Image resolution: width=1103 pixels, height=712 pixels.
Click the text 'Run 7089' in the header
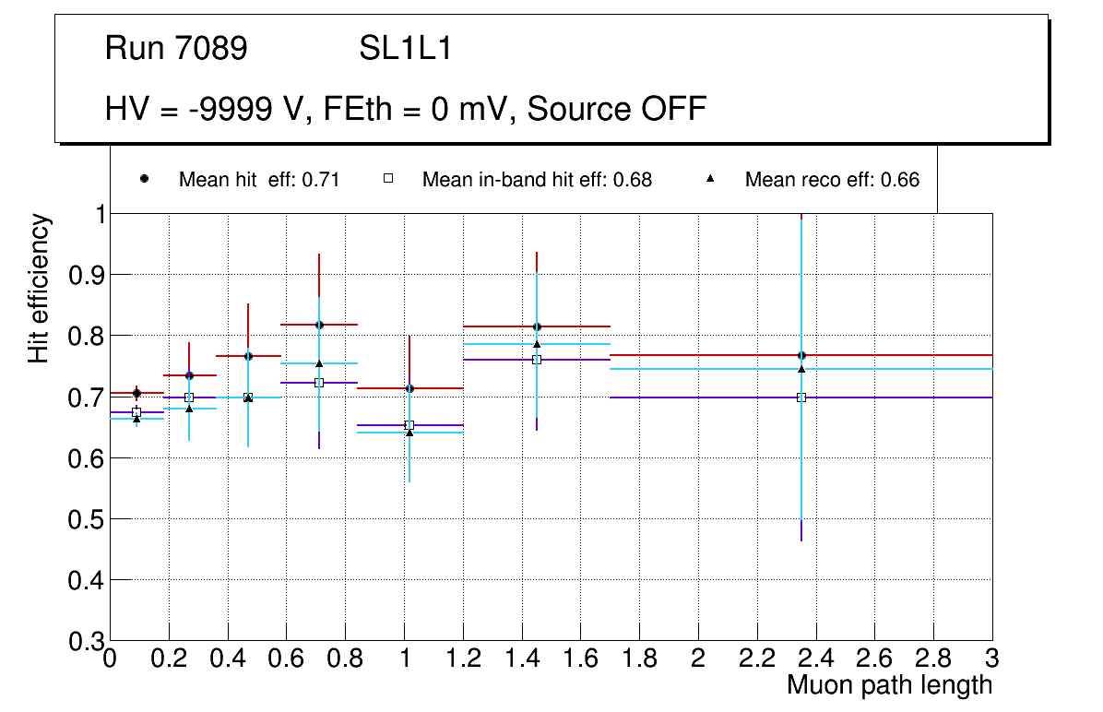[176, 49]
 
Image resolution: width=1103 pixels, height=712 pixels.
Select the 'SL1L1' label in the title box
[405, 49]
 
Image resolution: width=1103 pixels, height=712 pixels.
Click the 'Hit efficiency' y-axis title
[39, 288]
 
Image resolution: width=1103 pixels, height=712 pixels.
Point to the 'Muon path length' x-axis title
[889, 684]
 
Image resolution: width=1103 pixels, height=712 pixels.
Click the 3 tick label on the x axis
[992, 659]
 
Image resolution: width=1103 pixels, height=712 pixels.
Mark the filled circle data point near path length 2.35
[801, 355]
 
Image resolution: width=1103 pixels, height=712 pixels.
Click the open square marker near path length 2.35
[801, 398]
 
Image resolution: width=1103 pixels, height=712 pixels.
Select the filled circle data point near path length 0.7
[319, 325]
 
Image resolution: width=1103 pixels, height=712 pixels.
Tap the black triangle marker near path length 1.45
[537, 344]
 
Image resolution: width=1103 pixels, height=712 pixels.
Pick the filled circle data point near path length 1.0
[409, 388]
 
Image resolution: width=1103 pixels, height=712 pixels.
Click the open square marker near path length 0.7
[319, 382]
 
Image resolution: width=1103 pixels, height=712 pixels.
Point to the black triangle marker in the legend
[710, 180]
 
